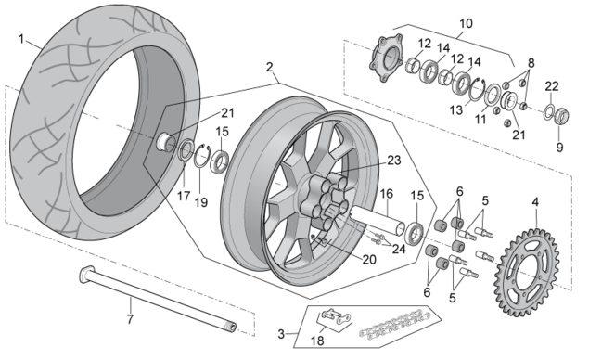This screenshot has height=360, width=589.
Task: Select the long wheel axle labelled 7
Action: point(158,300)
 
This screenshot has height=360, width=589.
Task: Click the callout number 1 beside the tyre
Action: point(21,39)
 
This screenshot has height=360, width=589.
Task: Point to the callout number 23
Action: point(394,161)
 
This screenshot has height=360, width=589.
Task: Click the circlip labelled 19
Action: point(201,155)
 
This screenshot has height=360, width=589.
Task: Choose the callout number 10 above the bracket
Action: point(466,24)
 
